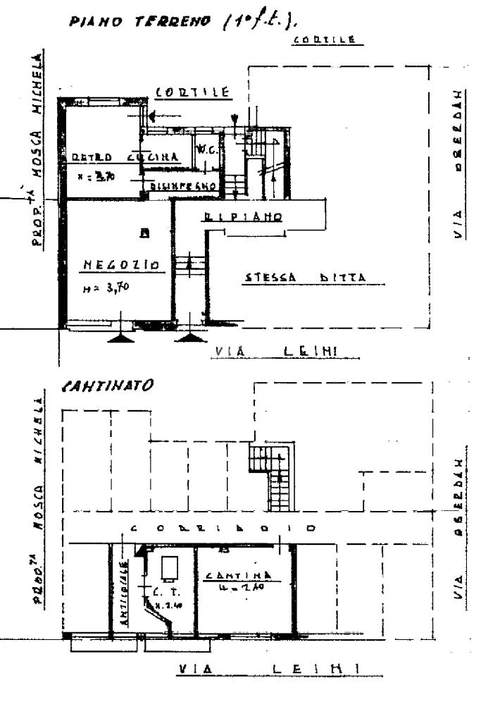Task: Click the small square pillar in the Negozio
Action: (144, 233)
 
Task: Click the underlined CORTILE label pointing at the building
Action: (191, 92)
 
